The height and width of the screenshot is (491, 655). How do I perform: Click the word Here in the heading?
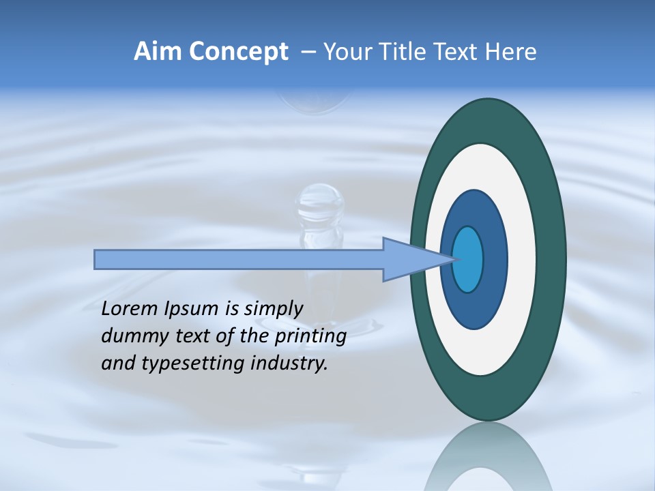click(511, 52)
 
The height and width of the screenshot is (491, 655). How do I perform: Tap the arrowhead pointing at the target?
click(409, 260)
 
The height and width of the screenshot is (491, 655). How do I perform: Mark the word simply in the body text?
click(273, 309)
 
